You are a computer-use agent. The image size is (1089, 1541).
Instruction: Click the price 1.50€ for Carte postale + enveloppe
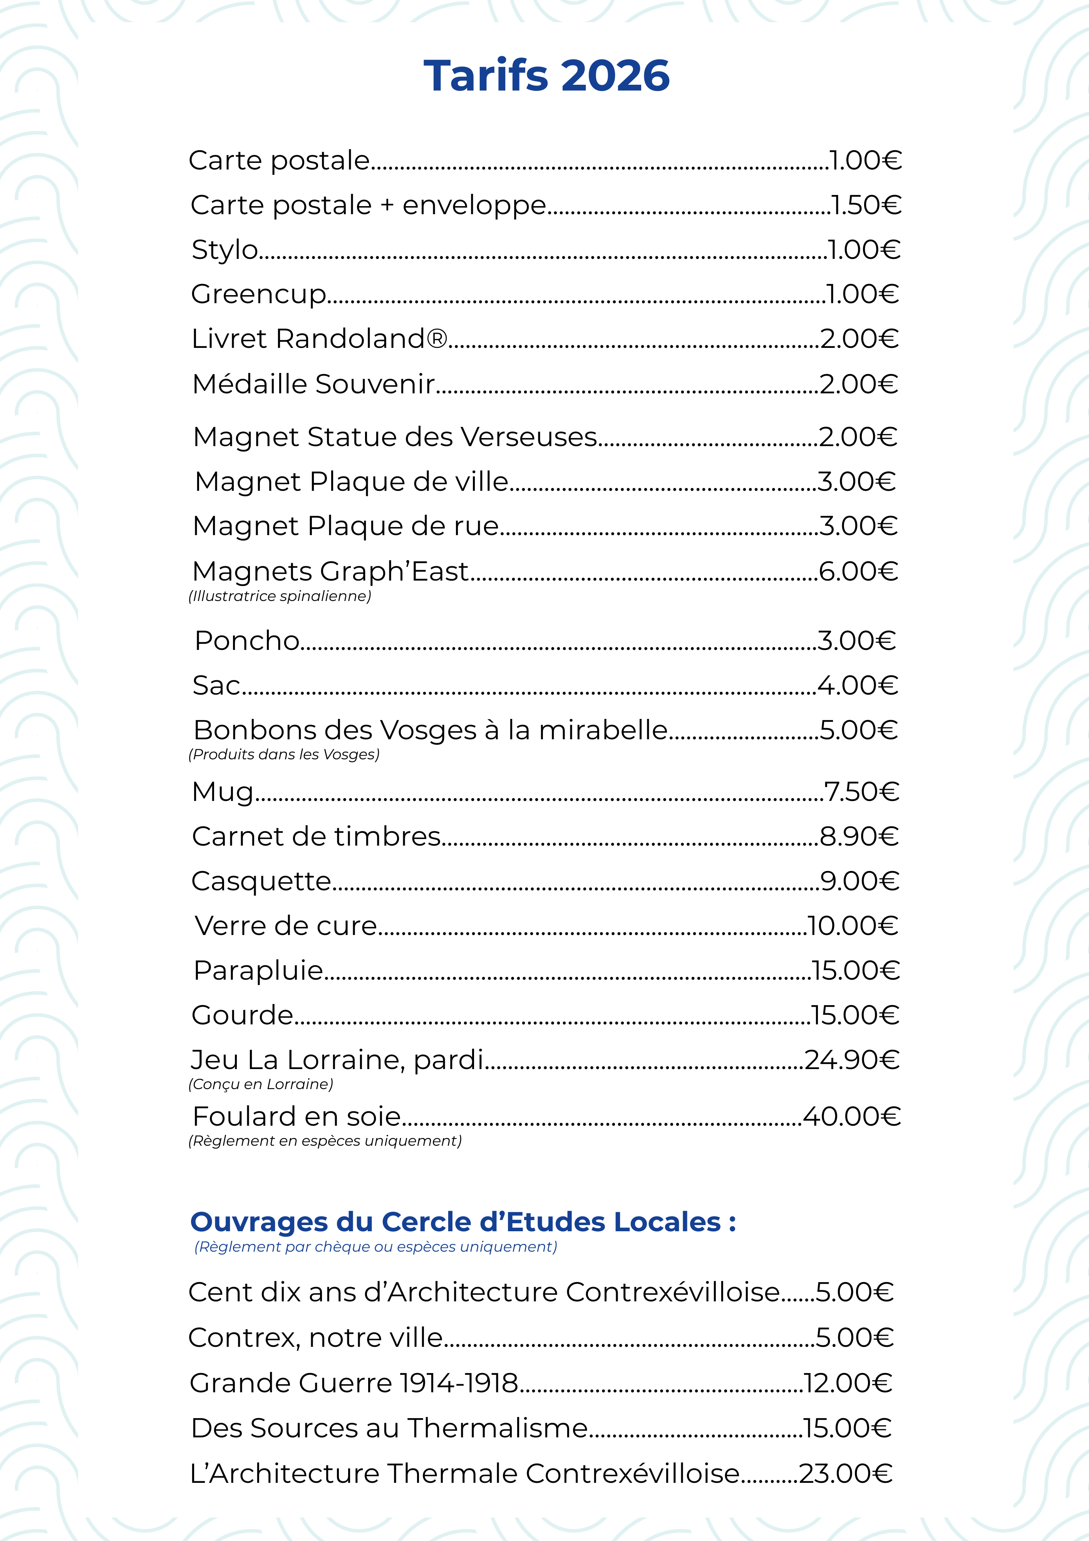click(866, 205)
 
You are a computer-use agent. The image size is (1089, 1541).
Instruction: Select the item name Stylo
click(225, 250)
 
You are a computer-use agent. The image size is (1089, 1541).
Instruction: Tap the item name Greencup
click(258, 294)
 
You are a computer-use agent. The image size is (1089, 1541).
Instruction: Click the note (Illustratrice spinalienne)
click(280, 596)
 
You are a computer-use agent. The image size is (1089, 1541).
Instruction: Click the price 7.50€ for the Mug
click(861, 792)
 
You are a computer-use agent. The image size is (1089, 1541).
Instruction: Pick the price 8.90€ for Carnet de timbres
click(859, 836)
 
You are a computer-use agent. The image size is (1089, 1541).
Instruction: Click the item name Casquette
click(261, 881)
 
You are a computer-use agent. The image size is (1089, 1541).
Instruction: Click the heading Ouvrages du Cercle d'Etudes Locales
click(463, 1222)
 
